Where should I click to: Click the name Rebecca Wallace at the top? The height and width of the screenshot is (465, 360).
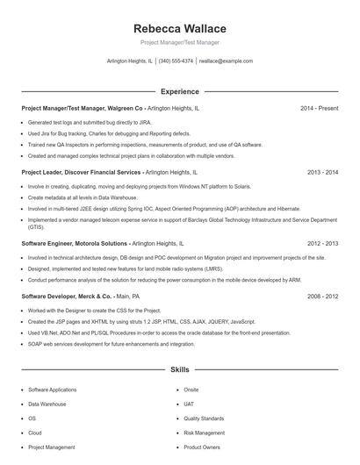(179, 29)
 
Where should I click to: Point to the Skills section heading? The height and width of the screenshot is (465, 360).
(179, 370)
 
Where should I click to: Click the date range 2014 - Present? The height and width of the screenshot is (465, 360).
(319, 108)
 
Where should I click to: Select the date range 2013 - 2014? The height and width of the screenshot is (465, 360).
(322, 173)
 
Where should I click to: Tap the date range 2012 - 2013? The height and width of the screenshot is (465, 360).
(322, 242)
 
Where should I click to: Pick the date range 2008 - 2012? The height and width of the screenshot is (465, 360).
(322, 297)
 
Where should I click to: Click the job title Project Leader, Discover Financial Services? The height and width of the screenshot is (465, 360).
(80, 173)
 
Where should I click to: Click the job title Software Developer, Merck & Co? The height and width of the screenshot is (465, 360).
(65, 297)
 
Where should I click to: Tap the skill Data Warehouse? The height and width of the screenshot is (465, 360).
(47, 404)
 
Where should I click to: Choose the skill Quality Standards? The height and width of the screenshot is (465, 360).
(205, 418)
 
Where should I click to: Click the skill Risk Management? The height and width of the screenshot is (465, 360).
(204, 433)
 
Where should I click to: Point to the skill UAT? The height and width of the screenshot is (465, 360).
(189, 404)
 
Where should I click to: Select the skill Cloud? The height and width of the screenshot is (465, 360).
(35, 433)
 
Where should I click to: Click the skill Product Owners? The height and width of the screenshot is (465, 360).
(201, 447)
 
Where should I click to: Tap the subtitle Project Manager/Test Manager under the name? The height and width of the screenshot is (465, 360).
(179, 42)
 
